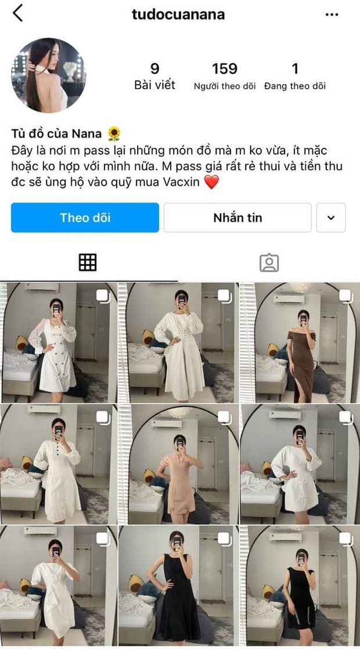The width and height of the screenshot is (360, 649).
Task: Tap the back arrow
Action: pyautogui.click(x=17, y=13)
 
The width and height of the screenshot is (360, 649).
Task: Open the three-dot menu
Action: pyautogui.click(x=332, y=15)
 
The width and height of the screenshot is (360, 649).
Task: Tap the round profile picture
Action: pyautogui.click(x=49, y=75)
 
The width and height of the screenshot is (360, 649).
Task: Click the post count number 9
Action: pyautogui.click(x=154, y=69)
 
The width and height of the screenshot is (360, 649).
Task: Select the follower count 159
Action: pyautogui.click(x=225, y=69)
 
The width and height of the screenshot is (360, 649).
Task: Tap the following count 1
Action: pyautogui.click(x=294, y=69)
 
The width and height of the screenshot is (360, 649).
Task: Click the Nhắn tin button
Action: pyautogui.click(x=237, y=218)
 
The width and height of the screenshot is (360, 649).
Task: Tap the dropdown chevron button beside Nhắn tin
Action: pyautogui.click(x=331, y=218)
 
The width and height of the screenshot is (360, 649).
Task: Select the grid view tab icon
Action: pyautogui.click(x=88, y=263)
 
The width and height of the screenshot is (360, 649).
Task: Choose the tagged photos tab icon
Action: pyautogui.click(x=269, y=263)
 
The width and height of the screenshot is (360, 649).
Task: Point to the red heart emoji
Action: pyautogui.click(x=211, y=182)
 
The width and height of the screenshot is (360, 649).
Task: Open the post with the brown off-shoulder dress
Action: pyautogui.click(x=300, y=342)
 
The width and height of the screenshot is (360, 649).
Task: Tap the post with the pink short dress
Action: pyautogui.click(x=178, y=464)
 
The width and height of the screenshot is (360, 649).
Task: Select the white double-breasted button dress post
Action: pyautogui.click(x=58, y=342)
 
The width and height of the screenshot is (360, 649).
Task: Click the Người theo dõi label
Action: pyautogui.click(x=225, y=86)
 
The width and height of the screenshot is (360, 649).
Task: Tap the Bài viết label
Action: pyautogui.click(x=154, y=86)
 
